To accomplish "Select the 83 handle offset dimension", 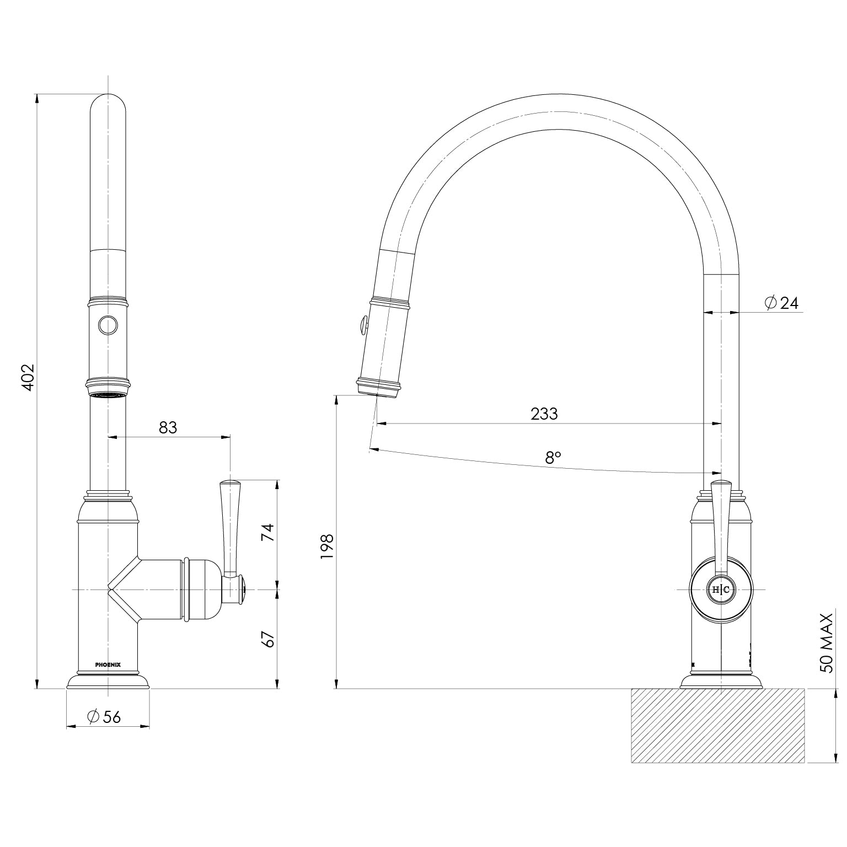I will pos(168,427).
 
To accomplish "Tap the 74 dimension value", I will pos(267,532).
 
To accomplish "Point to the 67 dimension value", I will pos(267,639).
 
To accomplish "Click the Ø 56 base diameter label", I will pos(104,716).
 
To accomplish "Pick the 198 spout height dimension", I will pos(327,546).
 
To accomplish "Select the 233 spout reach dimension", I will pos(544,414).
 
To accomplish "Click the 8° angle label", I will pos(553,457).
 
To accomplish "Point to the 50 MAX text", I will pos(827,642).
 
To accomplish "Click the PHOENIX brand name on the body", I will pos(108,664).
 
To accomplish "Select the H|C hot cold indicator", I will pos(721,589).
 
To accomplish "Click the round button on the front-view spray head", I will pos(108,325).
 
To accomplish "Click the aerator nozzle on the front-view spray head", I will pos(108,394).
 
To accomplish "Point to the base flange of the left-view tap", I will pos(108,682).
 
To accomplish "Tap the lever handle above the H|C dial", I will pos(721,524).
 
